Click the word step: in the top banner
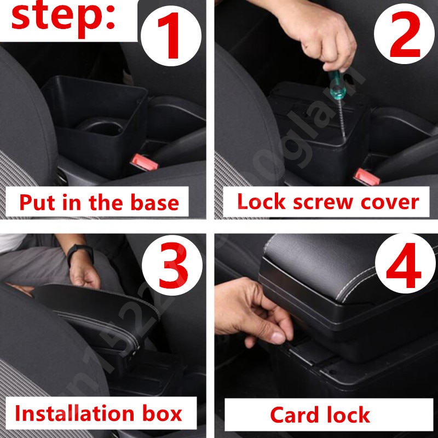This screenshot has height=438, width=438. [63, 18]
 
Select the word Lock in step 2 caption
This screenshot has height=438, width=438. [261, 201]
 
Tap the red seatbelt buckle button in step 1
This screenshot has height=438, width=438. [143, 163]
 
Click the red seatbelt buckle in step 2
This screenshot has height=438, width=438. [366, 176]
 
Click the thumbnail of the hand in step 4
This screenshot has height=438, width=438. [278, 337]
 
